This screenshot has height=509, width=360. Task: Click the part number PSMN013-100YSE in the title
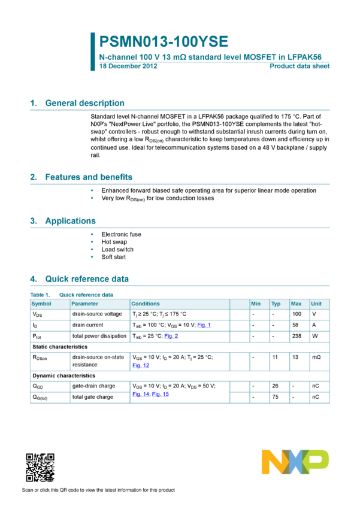point(164,42)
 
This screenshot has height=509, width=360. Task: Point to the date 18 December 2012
point(128,66)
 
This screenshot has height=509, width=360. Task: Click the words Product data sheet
point(300,66)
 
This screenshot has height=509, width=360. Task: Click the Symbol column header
point(41,304)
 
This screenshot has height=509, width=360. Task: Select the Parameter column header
point(84,304)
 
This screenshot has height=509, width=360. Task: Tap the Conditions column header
point(146,304)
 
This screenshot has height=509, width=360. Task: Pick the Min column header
point(256,304)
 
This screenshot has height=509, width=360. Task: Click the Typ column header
point(276,304)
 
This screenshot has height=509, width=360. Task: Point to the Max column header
point(296,304)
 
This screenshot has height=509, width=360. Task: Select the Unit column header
point(316,304)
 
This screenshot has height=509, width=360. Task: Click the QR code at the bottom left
point(40,467)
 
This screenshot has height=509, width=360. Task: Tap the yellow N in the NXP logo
point(273,462)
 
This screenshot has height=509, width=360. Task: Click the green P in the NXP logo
point(317,460)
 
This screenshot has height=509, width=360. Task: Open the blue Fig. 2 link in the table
point(171,337)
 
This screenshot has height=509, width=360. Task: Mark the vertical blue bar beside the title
point(92,51)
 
